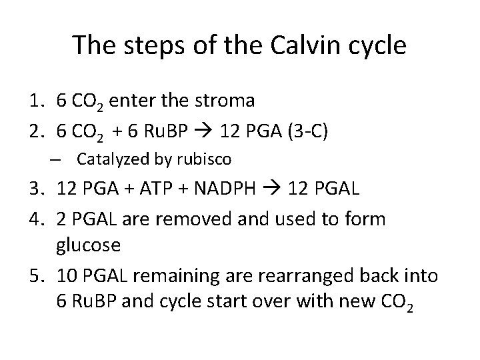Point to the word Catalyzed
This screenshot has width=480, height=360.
point(107,159)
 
